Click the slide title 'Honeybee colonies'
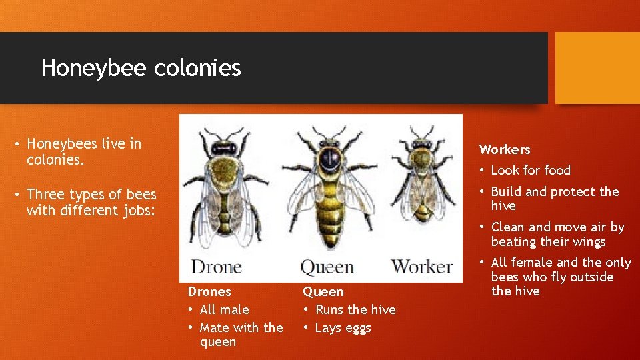click(141, 68)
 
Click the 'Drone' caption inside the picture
click(216, 267)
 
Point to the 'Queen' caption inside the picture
click(327, 267)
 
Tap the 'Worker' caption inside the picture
click(422, 267)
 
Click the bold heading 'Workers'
click(505, 149)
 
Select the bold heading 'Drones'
click(209, 291)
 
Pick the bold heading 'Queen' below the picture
click(323, 291)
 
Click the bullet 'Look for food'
click(531, 170)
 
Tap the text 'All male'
click(224, 309)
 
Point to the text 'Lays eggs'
click(343, 327)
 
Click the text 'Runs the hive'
click(355, 309)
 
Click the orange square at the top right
click(597, 68)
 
